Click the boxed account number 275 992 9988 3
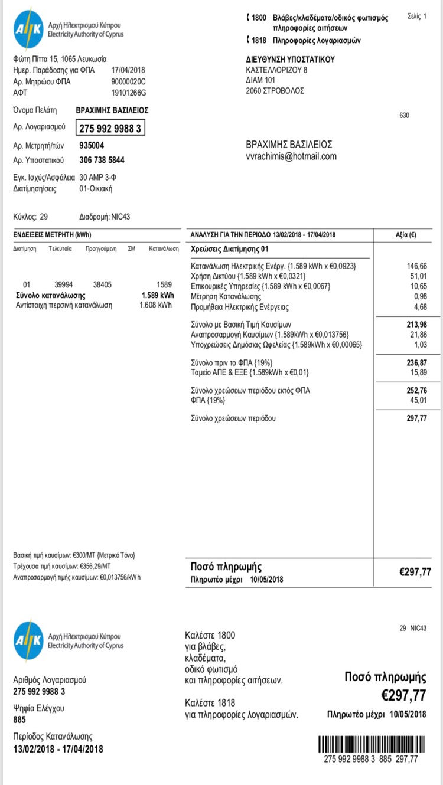pyautogui.click(x=110, y=127)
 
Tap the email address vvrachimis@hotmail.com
pyautogui.click(x=291, y=156)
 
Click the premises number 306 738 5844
pyautogui.click(x=102, y=160)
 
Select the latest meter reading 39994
pyautogui.click(x=64, y=284)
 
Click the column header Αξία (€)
pyautogui.click(x=405, y=234)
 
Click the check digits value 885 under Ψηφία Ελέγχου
pyautogui.click(x=19, y=719)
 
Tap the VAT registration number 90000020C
pyautogui.click(x=128, y=81)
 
